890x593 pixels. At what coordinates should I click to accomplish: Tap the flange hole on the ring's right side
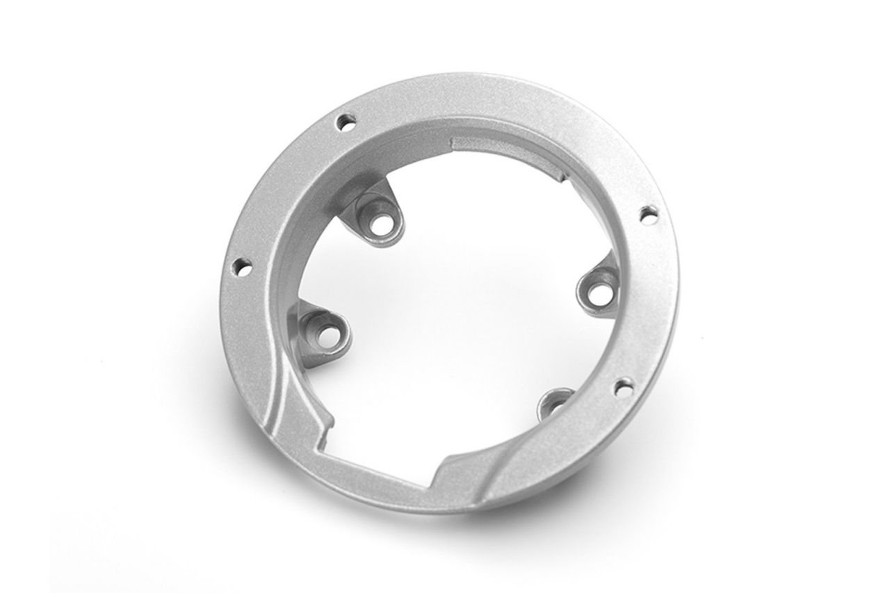(x=648, y=215)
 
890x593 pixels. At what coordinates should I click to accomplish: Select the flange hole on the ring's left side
(x=241, y=267)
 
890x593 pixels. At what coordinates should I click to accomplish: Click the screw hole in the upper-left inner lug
(x=380, y=224)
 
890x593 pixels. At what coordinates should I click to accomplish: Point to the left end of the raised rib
(x=455, y=143)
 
